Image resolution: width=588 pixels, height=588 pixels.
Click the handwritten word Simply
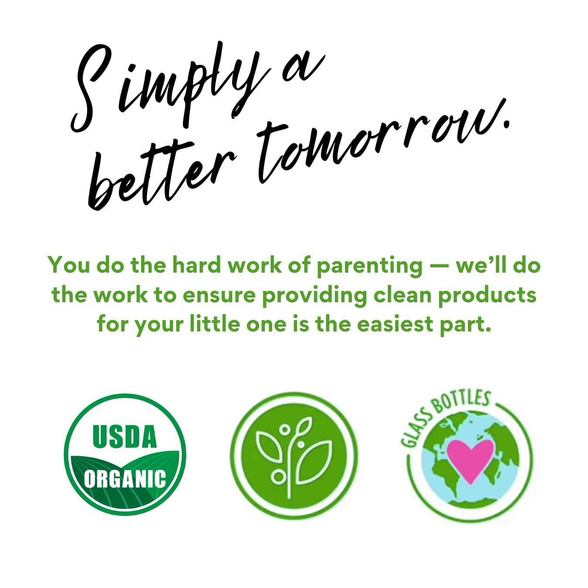[x=171, y=88]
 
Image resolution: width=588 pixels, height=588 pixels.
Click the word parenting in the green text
[x=369, y=266]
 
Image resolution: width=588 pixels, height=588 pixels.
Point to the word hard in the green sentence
[x=196, y=264]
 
